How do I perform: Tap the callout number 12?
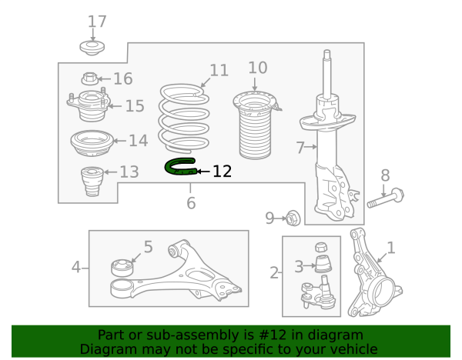pos(223,172)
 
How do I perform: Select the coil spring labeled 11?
pos(184,118)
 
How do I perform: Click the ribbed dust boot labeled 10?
pos(255,125)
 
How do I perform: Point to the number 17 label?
pos(97,22)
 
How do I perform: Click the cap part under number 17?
pos(92,48)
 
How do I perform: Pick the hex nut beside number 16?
pos(90,78)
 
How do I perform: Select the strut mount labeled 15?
pos(89,105)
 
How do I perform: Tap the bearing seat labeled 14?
pos(92,143)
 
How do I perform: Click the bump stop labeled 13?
pos(92,182)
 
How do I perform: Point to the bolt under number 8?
pos(386,198)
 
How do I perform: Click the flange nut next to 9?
pos(293,218)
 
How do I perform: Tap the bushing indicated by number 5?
pos(122,267)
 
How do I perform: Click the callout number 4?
pos(76,267)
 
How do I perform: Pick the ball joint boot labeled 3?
pos(323,264)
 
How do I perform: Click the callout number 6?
pos(191,203)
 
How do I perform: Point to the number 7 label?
pos(300,148)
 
